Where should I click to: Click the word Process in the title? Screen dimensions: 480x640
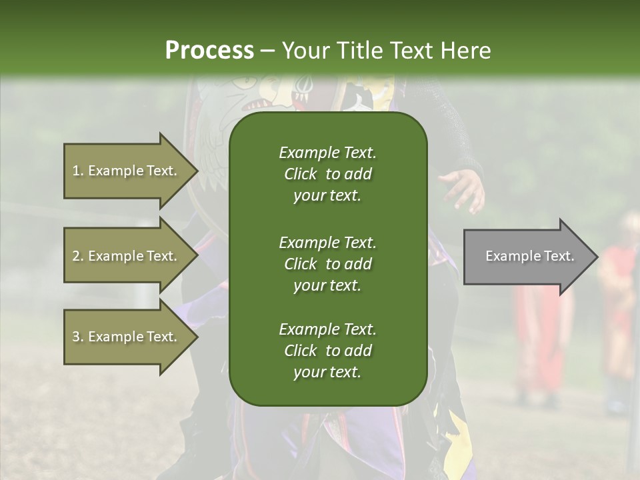[x=209, y=51]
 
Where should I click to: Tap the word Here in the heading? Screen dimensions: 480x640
[x=465, y=51]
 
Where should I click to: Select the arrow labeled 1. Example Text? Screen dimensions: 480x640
[x=127, y=171]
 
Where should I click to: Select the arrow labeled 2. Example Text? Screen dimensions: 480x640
[x=127, y=256]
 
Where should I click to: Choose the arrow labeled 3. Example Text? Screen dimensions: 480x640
[x=127, y=337]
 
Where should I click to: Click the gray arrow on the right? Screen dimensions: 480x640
[x=527, y=257]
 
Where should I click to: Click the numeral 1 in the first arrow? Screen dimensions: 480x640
[x=76, y=171]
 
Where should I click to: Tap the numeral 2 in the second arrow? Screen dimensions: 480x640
[x=76, y=256]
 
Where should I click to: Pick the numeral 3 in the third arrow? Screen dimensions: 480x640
[x=76, y=337]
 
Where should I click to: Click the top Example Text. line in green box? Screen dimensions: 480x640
[x=327, y=153]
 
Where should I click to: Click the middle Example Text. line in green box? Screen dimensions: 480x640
[x=327, y=243]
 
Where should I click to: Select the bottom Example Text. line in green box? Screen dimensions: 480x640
[x=327, y=329]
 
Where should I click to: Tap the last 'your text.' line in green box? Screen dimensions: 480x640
[x=327, y=373]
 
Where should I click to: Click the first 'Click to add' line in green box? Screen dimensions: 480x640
[x=327, y=174]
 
